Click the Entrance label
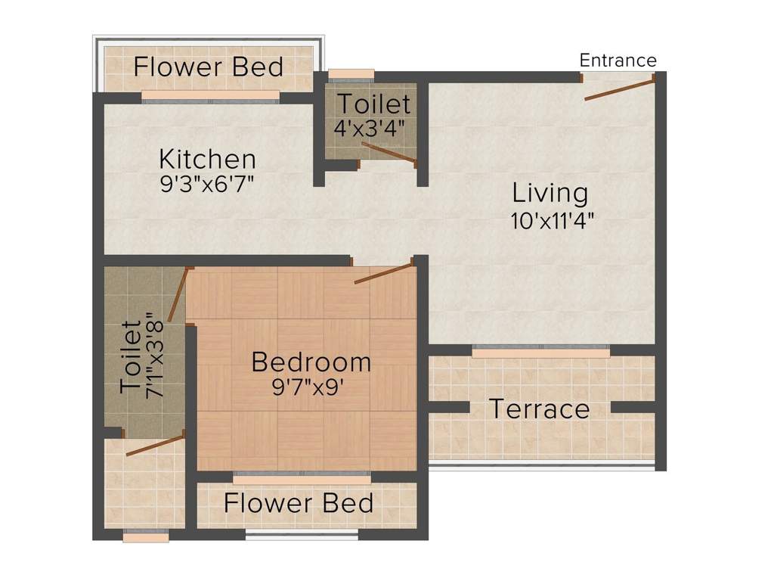(x=618, y=60)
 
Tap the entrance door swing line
(x=619, y=88)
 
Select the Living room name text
(x=550, y=192)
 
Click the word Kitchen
(x=207, y=160)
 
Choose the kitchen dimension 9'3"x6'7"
(x=207, y=185)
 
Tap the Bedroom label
(x=311, y=362)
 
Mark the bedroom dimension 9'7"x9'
(x=311, y=388)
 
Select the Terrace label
(x=539, y=409)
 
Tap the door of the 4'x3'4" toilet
(x=389, y=151)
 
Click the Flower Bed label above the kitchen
(x=208, y=67)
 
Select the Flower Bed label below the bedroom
(x=299, y=503)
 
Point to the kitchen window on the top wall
(x=210, y=97)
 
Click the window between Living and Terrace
(x=540, y=351)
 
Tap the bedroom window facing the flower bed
(x=302, y=478)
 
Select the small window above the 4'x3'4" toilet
(x=351, y=75)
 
